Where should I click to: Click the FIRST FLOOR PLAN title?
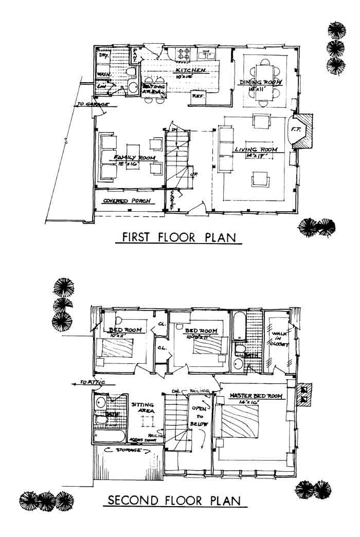click(179, 237)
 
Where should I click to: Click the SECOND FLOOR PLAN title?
click(175, 500)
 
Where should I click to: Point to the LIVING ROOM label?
click(256, 150)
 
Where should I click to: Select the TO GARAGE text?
click(92, 104)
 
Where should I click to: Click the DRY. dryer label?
click(103, 54)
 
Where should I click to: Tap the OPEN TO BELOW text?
click(199, 416)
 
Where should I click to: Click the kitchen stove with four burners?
click(184, 52)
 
